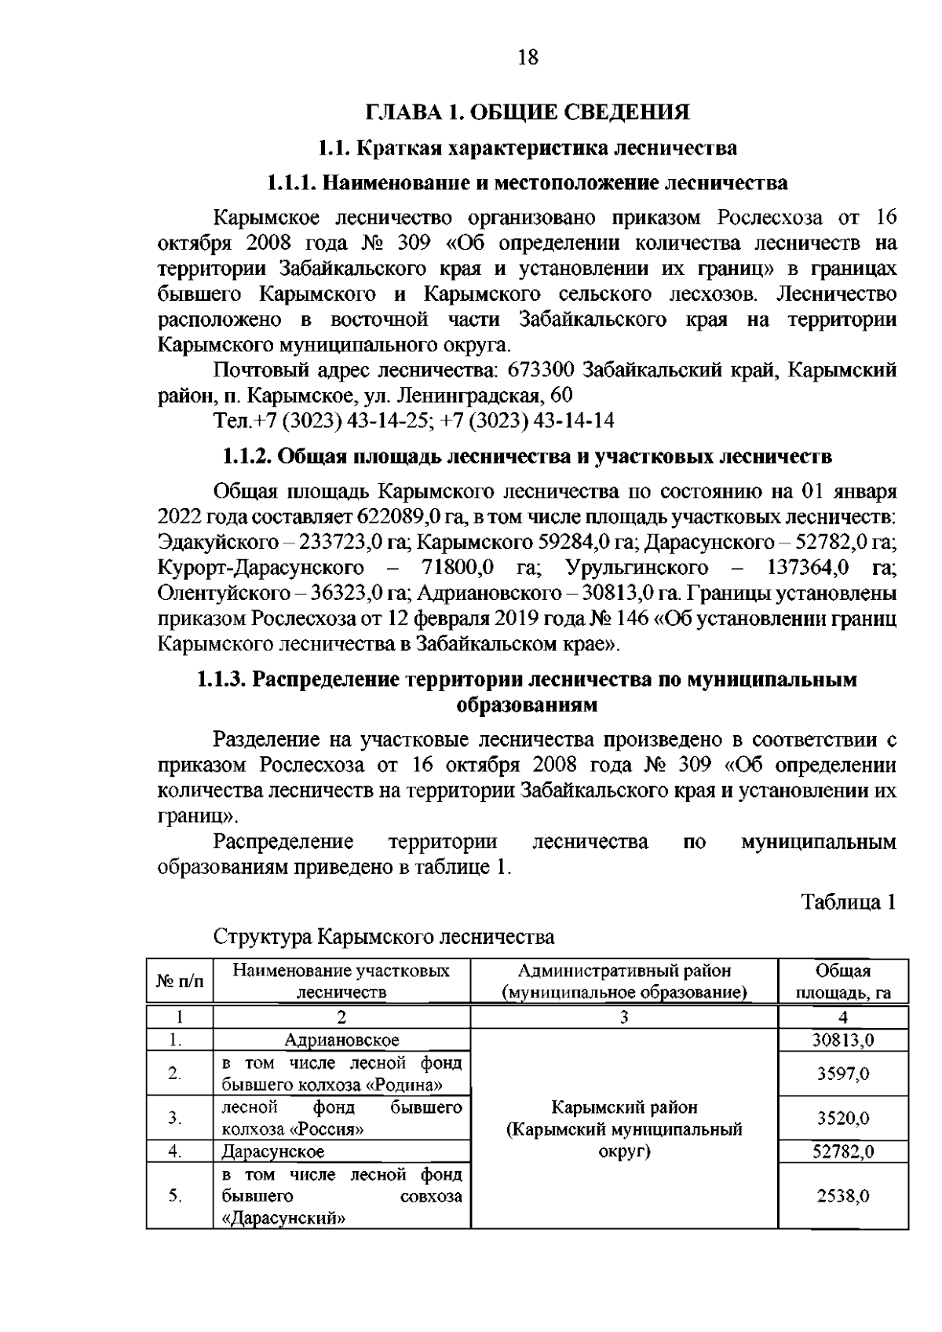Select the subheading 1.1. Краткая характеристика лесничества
coord(528,148)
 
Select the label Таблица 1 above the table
coord(848,902)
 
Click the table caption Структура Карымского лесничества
coord(384,937)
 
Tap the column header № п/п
coord(180,981)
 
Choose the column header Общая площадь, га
coord(843,981)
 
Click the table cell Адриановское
coord(341,1040)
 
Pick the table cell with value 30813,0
coord(843,1040)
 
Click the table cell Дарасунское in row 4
coord(273,1152)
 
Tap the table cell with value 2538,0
coord(843,1196)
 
